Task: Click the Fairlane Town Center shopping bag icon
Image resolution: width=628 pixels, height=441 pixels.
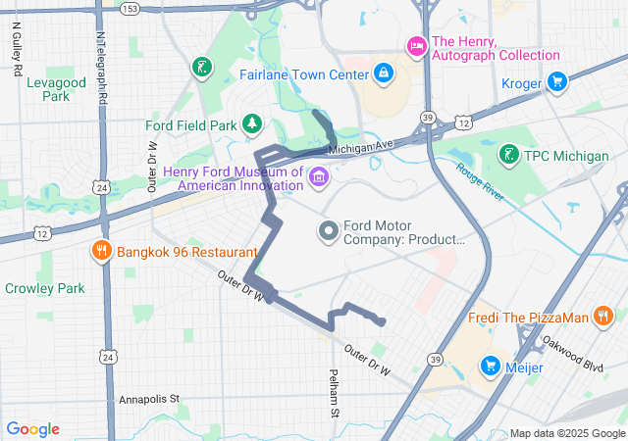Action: point(382,73)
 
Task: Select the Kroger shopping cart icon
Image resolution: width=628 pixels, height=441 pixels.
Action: point(556,83)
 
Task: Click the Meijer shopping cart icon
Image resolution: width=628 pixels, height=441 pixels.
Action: point(490,367)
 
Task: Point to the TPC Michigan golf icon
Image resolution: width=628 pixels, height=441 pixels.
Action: point(509,155)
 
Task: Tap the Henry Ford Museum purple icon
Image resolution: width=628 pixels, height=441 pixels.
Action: point(318,177)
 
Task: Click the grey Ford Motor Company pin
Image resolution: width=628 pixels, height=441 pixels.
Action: point(328,231)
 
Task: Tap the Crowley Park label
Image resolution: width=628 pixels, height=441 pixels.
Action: point(44,288)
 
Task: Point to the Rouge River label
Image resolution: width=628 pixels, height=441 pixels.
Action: point(479,180)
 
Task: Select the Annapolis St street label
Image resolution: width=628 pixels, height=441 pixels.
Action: point(149,399)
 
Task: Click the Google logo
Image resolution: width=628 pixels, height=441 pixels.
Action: point(33,429)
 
